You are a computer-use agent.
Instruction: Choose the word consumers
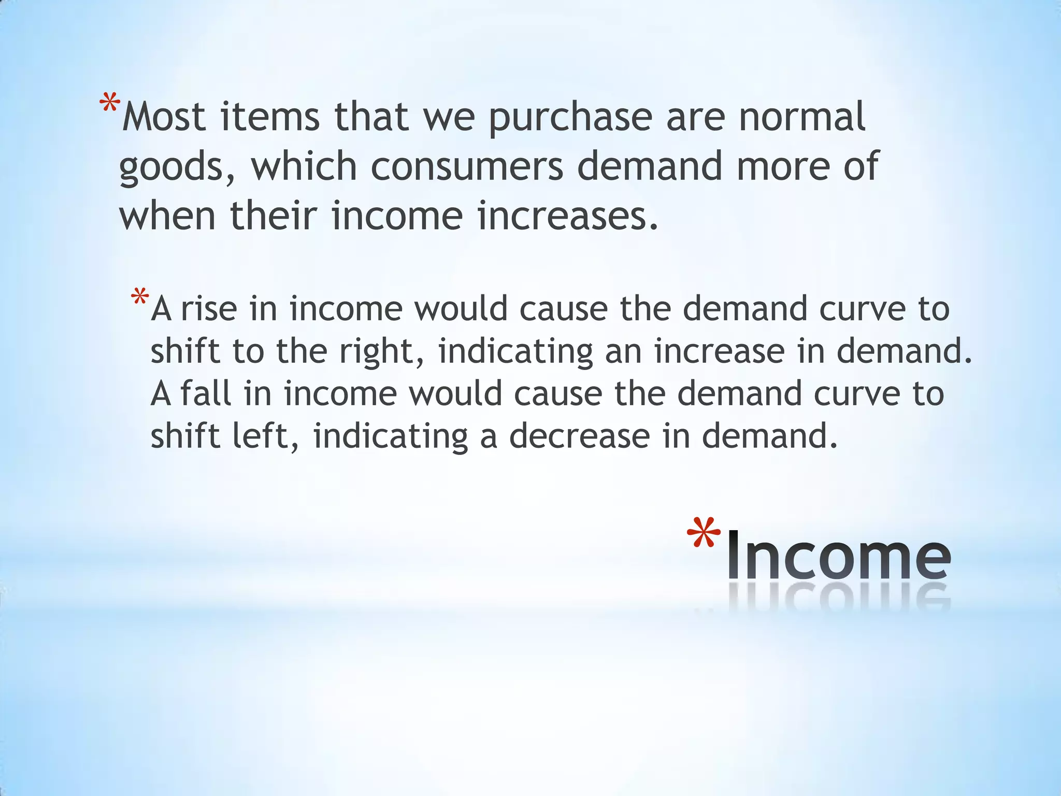[x=467, y=167]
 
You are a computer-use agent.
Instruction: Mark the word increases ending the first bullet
[x=567, y=216]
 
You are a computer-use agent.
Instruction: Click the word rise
[x=208, y=308]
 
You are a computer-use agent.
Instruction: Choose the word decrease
[x=579, y=436]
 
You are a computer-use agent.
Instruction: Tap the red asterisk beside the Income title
[x=703, y=534]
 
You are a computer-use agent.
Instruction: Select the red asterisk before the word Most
[x=110, y=104]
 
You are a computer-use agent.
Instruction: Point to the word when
[x=167, y=216]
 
